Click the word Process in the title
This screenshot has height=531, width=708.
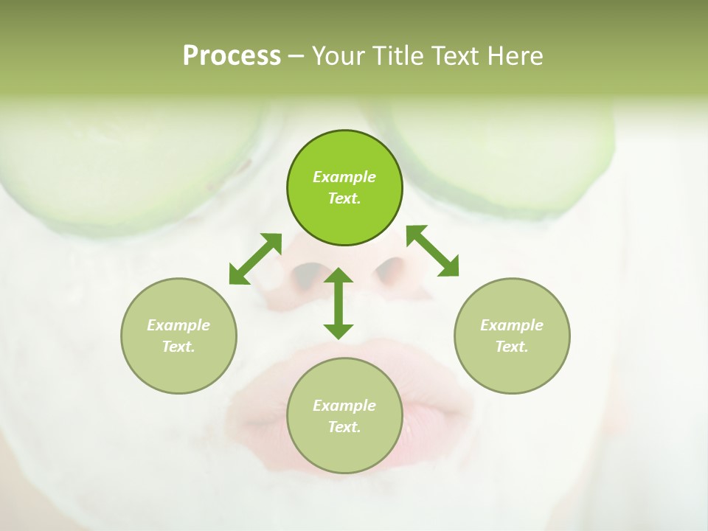coord(232,56)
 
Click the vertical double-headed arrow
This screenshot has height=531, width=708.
coord(339,303)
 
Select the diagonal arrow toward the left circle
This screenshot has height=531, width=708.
coord(255,259)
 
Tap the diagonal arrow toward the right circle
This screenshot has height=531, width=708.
coord(432,251)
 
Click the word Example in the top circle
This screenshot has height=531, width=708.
coord(344,177)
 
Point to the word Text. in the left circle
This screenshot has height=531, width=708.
coord(178,347)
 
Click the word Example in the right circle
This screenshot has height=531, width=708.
coord(512,325)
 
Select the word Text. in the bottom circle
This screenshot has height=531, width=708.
coord(344,427)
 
